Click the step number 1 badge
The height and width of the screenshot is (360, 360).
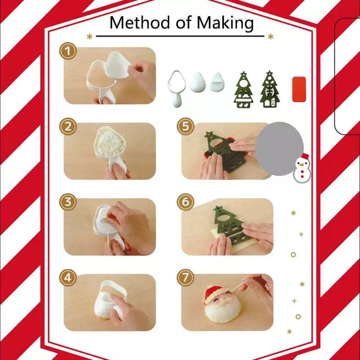pos(68,51)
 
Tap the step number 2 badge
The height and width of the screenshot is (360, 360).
pos(68,126)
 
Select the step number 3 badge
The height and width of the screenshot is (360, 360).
pos(68,202)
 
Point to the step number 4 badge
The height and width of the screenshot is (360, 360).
pos(68,278)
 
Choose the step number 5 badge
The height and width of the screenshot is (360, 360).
pos(185,126)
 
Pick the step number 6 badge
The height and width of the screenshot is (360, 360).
pos(185,202)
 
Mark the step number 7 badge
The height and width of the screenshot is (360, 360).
pos(185,278)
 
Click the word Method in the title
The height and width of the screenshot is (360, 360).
pos(141,22)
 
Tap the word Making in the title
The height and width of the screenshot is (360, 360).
pos(225,23)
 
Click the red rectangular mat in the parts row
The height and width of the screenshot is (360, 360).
pos(299,89)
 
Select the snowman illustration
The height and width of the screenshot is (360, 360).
pos(302,168)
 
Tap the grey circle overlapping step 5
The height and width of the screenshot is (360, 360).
pos(279,148)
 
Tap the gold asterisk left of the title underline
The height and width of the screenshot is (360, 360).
pos(90,36)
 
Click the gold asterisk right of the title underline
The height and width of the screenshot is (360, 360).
pos(271,36)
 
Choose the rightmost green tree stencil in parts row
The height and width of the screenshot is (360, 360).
pos(270,89)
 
